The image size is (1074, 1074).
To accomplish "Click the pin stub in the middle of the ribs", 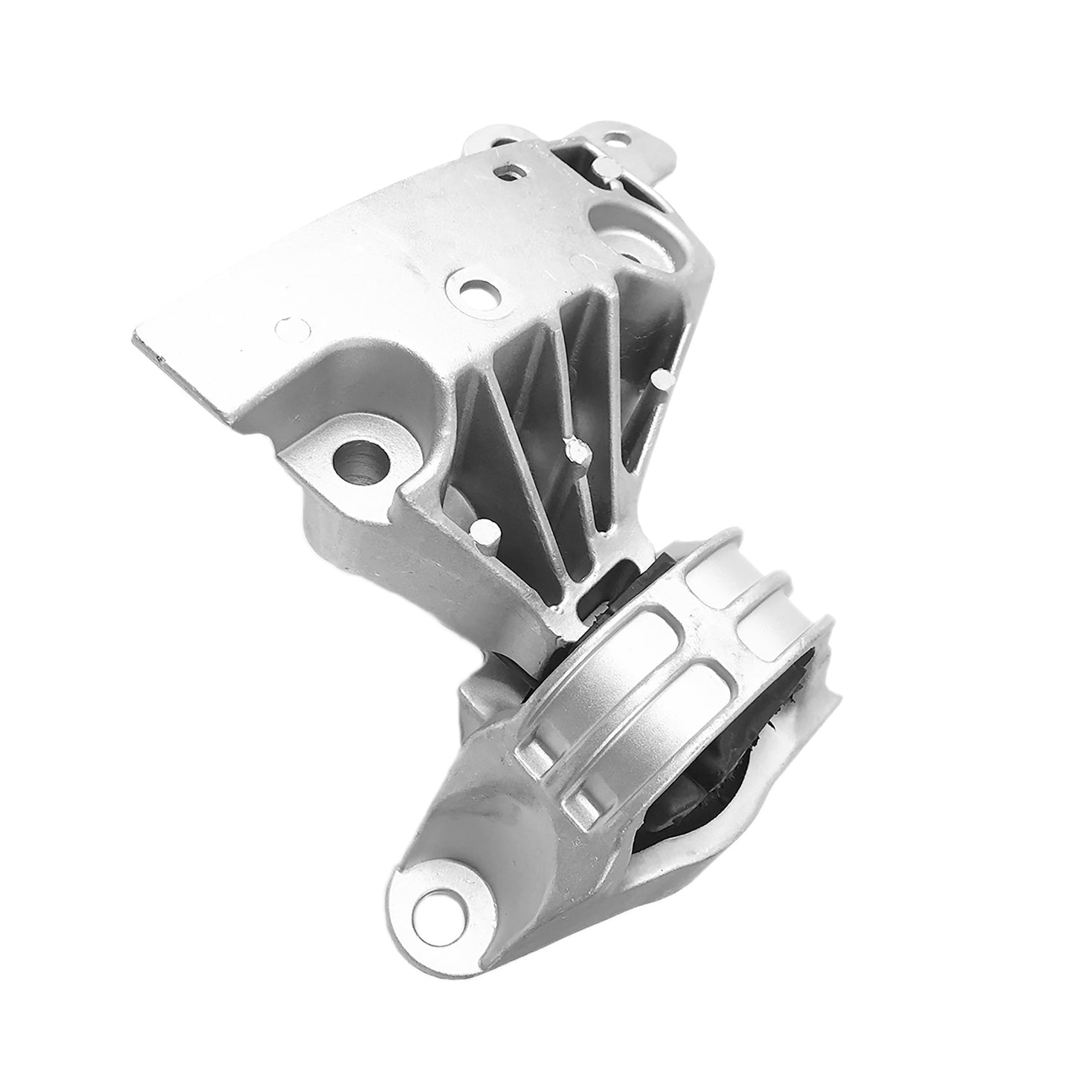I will tap(573, 449).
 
